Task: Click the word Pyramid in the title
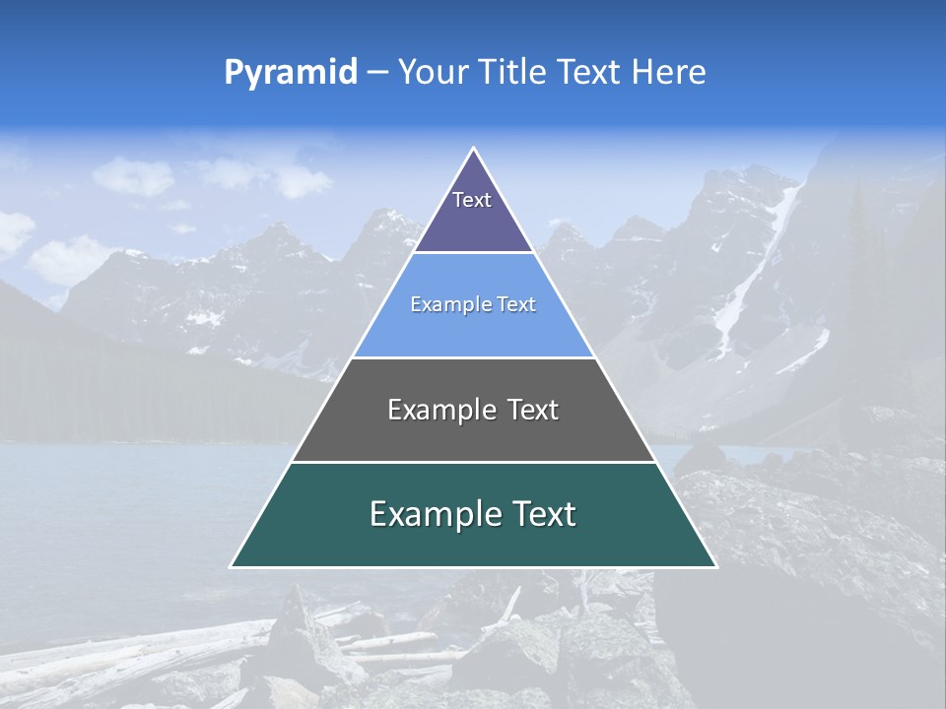(x=290, y=73)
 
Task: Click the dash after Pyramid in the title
(x=377, y=73)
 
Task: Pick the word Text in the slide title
(x=590, y=72)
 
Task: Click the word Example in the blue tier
(x=442, y=304)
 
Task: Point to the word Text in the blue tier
(x=517, y=304)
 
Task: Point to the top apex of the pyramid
(x=474, y=149)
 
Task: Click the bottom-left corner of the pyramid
(x=232, y=566)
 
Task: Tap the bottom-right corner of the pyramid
(x=715, y=566)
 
